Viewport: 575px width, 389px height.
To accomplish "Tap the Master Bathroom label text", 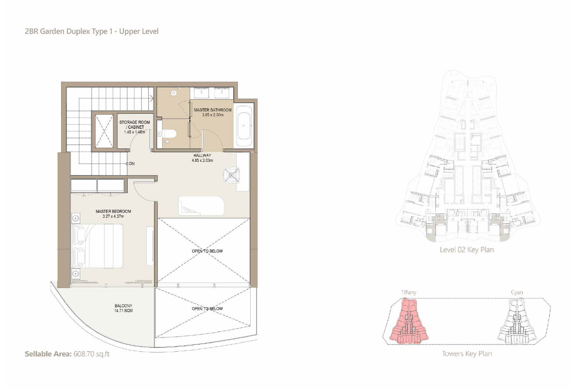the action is pos(213,110).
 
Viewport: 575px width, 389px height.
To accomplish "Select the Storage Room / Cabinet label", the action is pos(134,125).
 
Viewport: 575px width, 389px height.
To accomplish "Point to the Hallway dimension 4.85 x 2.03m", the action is pos(202,161).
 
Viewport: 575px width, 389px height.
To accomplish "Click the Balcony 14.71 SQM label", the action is pos(123,308).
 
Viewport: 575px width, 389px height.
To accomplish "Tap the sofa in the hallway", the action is pos(201,206).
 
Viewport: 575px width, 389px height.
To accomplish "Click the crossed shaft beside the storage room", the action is pos(104,131).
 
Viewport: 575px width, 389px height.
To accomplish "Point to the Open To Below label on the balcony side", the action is pos(207,308).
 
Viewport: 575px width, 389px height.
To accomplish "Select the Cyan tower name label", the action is pos(517,293).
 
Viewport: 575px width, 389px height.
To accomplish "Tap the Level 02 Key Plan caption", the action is pos(467,250).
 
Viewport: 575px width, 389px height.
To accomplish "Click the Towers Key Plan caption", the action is pos(467,354).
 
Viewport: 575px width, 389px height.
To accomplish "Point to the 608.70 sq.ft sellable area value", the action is pos(92,354).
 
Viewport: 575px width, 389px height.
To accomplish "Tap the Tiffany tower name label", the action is pos(409,293).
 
